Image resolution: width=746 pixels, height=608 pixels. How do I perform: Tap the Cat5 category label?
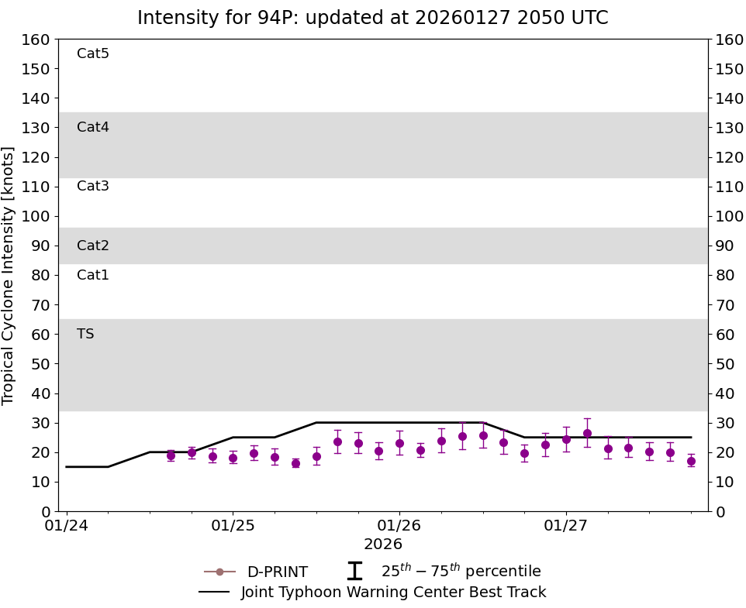coord(93,53)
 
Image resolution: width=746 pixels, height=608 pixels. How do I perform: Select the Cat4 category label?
coord(93,127)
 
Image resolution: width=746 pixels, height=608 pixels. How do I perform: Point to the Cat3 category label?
coord(93,186)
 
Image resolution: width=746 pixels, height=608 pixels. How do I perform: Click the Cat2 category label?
coord(93,246)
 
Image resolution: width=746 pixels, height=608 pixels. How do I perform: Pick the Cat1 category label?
coord(93,275)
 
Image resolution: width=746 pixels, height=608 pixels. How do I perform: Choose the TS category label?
coord(85,334)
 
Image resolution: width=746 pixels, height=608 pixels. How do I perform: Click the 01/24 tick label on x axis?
coord(67,527)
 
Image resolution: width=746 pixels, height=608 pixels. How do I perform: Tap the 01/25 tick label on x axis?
coord(233,527)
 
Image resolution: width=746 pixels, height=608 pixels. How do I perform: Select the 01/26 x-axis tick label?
coord(399,527)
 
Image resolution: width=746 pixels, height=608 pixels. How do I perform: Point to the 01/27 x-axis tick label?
coord(566,527)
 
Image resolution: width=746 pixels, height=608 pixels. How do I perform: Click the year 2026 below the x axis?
coord(383,544)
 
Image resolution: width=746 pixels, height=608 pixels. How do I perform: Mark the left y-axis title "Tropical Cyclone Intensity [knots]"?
coord(9,275)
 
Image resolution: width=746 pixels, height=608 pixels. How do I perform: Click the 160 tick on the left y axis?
coord(37,40)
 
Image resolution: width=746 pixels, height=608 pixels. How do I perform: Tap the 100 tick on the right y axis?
coord(729,216)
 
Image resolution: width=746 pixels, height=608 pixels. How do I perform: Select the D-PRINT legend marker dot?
coord(219,572)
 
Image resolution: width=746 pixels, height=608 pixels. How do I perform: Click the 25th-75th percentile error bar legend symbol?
coord(354,571)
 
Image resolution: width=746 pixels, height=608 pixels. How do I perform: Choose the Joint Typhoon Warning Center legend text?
coord(393,593)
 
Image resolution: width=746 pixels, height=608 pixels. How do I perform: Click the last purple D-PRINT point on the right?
coord(691,461)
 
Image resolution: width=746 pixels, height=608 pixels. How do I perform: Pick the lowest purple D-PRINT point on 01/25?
coord(295,463)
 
